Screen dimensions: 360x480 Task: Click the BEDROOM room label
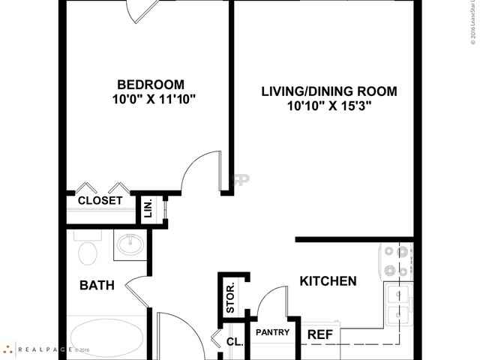[150, 84]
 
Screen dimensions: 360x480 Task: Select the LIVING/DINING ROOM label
[328, 92]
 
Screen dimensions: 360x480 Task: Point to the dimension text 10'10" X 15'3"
[329, 107]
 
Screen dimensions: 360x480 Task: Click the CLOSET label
[100, 201]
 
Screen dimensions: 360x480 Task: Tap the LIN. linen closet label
[148, 208]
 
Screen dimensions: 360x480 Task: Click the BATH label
[97, 285]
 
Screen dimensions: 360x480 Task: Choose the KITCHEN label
[328, 282]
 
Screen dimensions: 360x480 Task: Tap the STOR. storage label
[231, 297]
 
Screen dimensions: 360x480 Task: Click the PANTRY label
[273, 332]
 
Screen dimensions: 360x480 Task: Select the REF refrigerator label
[320, 334]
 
